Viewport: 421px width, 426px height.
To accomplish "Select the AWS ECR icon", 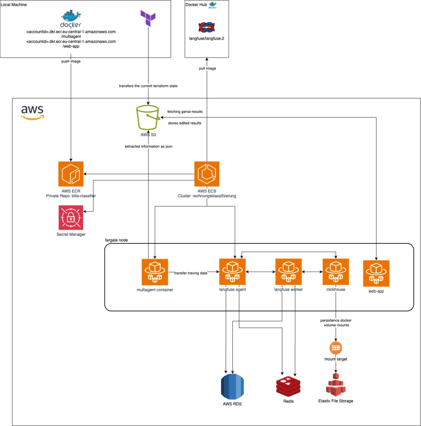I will point(71,174).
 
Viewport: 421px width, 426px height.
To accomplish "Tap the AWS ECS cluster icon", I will point(207,174).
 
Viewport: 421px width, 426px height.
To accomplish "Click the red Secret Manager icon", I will point(71,217).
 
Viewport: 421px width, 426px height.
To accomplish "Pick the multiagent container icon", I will point(155,271).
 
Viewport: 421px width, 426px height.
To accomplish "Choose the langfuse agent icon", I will point(232,271).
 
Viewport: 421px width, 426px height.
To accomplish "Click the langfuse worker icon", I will point(289,271).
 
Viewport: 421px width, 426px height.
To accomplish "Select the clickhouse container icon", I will point(336,271).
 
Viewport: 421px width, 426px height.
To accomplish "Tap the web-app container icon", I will point(376,273).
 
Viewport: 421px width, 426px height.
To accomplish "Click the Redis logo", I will point(289,386).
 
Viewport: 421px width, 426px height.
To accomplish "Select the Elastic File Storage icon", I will point(336,384).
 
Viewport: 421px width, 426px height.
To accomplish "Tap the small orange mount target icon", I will point(336,347).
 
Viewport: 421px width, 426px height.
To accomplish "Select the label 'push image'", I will point(71,61).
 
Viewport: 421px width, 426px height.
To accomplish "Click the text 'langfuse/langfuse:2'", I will point(207,38).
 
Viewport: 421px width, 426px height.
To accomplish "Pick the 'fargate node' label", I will point(116,240).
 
